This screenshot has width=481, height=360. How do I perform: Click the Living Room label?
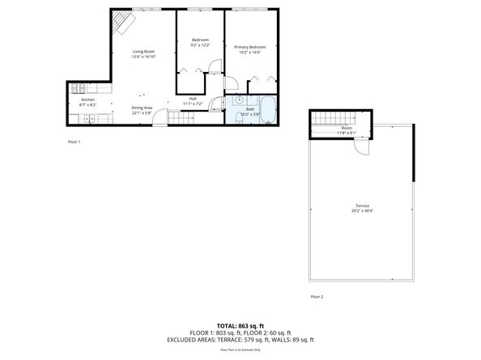point(144,52)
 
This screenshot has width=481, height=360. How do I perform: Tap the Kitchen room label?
point(87,100)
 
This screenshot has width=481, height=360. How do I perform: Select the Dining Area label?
point(143,108)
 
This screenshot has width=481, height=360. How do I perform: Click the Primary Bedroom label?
point(249,48)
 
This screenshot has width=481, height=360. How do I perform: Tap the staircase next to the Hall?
point(181,118)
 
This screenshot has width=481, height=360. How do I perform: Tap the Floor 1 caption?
point(74,141)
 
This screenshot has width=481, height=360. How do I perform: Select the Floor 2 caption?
point(317,297)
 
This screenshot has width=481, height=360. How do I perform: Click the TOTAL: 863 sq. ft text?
point(240,324)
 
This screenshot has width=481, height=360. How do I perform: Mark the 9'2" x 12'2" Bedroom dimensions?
point(199,45)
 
